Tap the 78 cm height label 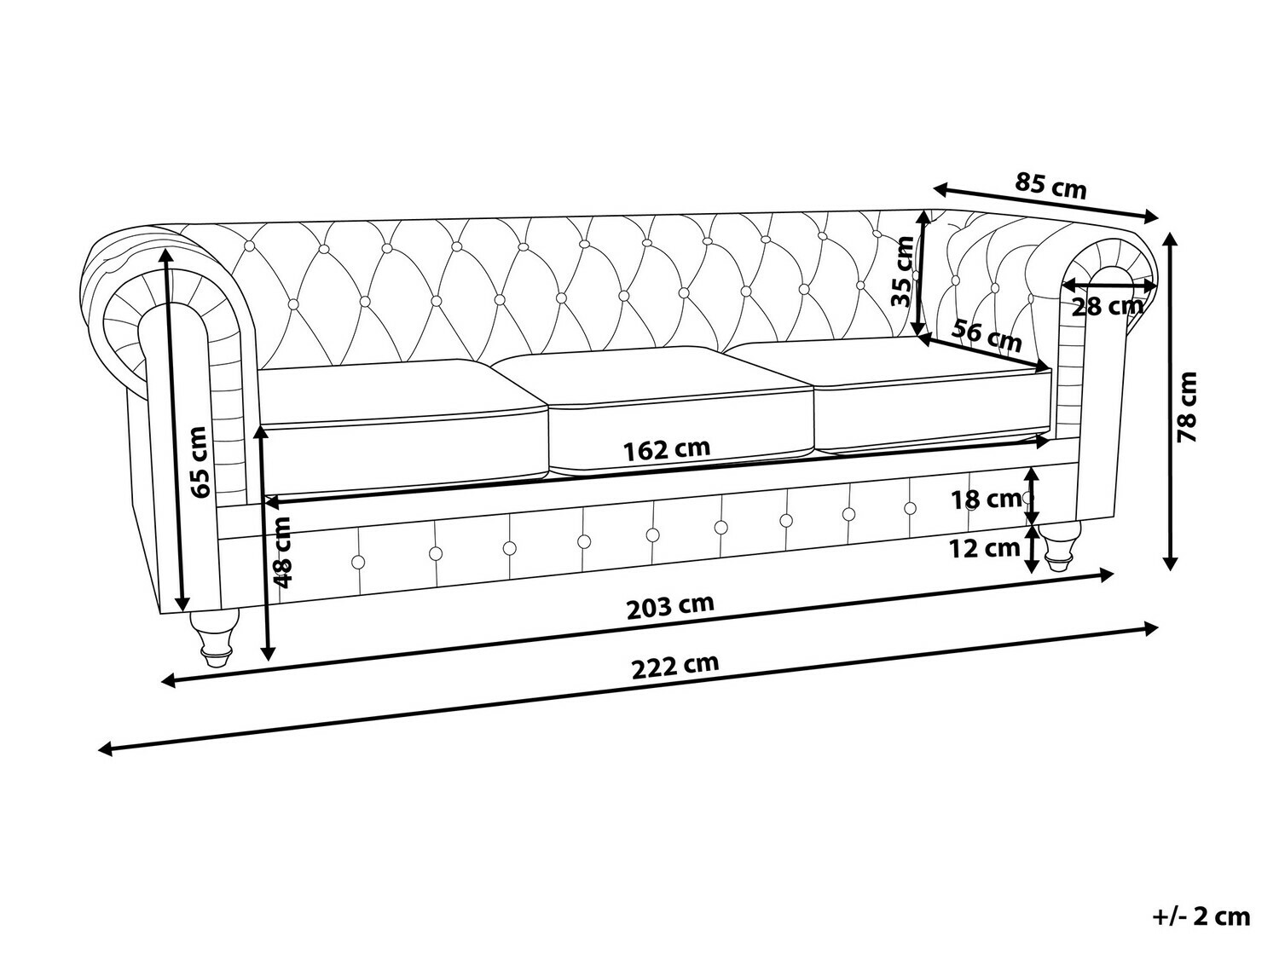[x=1186, y=407]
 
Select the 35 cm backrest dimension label [x=904, y=271]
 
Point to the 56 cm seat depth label [x=986, y=336]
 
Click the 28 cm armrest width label [x=1107, y=306]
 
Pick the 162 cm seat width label [x=667, y=449]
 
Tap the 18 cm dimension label [x=986, y=500]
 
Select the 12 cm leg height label [x=985, y=548]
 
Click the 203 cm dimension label [x=670, y=607]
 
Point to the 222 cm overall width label [x=675, y=667]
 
